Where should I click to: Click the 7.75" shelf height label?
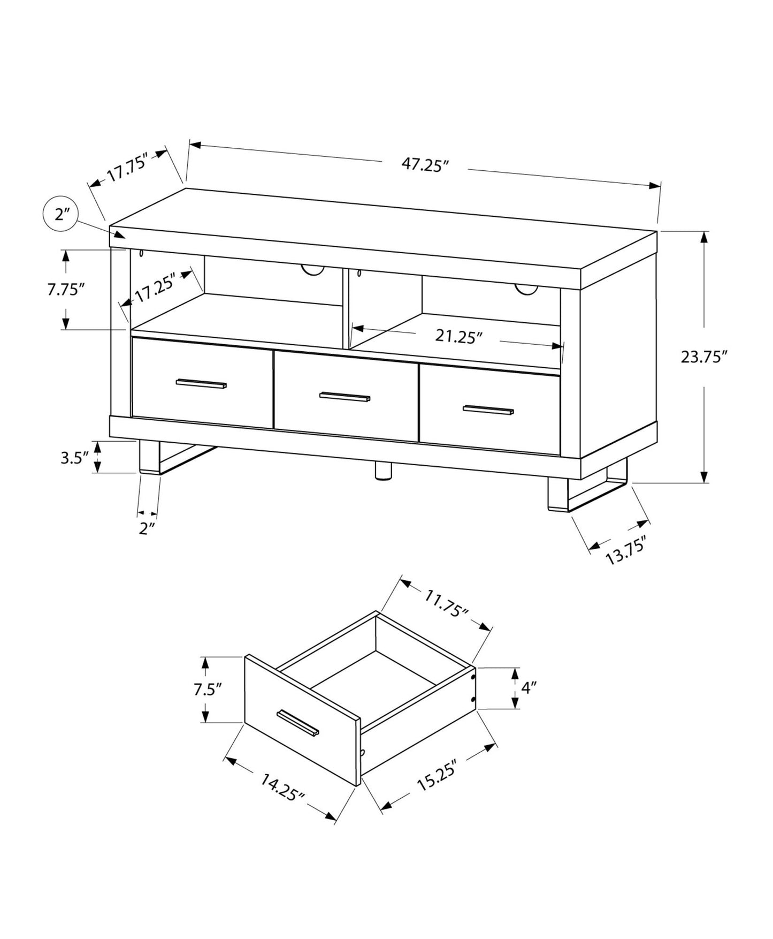click(66, 290)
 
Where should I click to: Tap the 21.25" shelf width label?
click(458, 336)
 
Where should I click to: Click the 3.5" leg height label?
click(74, 458)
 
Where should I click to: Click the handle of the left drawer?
click(201, 383)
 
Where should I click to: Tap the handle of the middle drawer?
click(345, 397)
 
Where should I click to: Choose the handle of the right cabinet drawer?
click(488, 410)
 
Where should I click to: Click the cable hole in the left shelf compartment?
click(313, 270)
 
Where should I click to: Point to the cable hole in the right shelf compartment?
click(526, 289)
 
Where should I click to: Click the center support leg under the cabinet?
click(382, 472)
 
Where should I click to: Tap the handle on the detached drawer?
click(298, 723)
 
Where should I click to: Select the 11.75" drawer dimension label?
click(446, 603)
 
